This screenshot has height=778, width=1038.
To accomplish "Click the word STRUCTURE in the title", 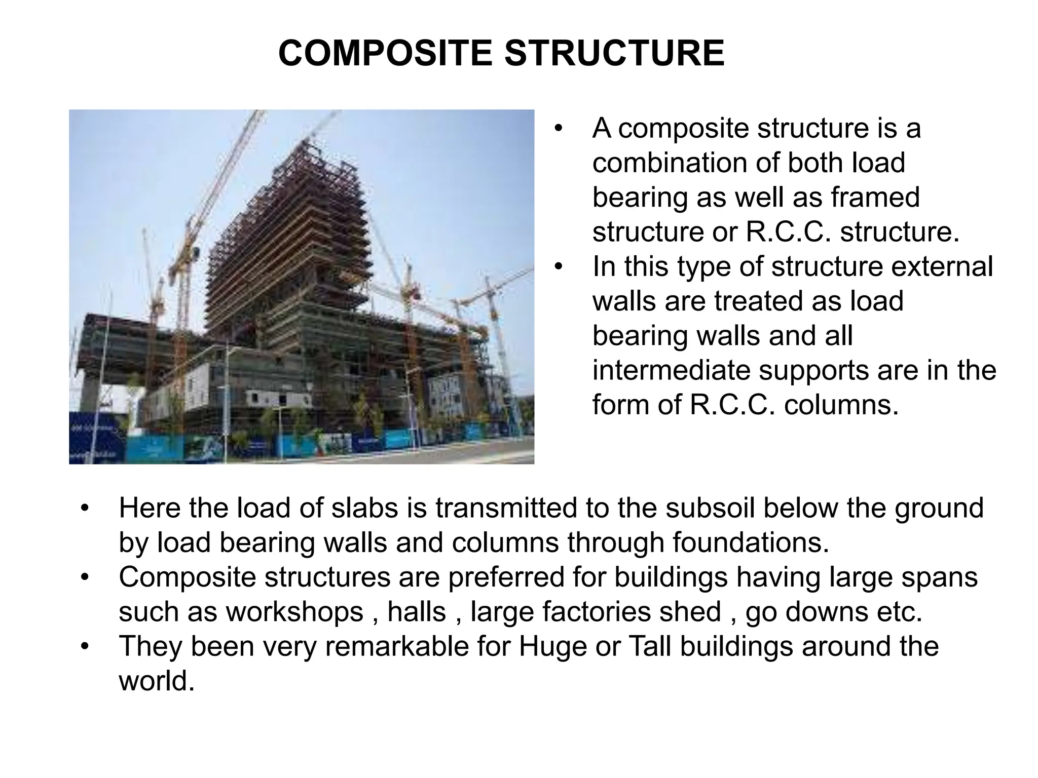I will pyautogui.click(x=614, y=53).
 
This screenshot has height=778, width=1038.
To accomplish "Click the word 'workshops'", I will pyautogui.click(x=294, y=612).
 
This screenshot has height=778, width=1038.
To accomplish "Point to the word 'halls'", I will pyautogui.click(x=417, y=612).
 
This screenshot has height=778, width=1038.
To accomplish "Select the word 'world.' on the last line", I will pyautogui.click(x=157, y=681).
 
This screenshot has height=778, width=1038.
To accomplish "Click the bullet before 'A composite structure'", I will pyautogui.click(x=559, y=128).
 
